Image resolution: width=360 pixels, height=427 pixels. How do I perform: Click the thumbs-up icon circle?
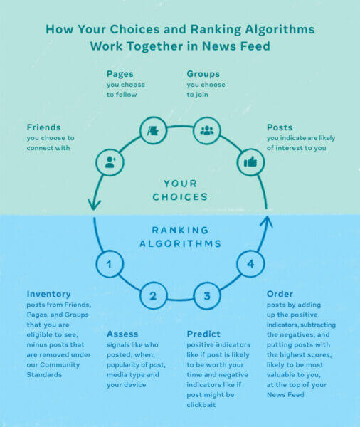(x=250, y=162)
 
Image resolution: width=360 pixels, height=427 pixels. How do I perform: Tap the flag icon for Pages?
(x=153, y=131)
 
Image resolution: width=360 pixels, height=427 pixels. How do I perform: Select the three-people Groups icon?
(x=207, y=130)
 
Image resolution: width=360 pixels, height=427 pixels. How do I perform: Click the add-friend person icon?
(x=110, y=162)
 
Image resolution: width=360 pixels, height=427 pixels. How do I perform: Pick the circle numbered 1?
(x=110, y=264)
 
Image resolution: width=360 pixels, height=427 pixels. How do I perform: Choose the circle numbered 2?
(x=153, y=296)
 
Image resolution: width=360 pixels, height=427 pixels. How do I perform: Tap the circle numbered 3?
(x=207, y=296)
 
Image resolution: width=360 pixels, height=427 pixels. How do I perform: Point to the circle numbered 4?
(x=250, y=263)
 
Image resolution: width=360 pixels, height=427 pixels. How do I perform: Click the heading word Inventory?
(x=49, y=294)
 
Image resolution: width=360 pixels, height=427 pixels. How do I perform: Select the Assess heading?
(x=122, y=334)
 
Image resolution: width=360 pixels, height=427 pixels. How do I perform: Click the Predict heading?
(x=203, y=334)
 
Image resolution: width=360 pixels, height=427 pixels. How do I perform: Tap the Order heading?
(x=280, y=294)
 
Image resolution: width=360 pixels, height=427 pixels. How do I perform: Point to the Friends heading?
(x=43, y=127)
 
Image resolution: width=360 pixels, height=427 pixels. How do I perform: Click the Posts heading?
(x=280, y=127)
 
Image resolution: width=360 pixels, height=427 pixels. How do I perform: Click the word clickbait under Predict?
(x=201, y=405)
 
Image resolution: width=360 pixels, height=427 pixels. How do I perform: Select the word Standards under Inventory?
(x=44, y=375)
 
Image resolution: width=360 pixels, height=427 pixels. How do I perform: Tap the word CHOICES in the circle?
(x=180, y=197)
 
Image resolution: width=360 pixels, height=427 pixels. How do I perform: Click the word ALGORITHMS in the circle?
(x=180, y=243)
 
